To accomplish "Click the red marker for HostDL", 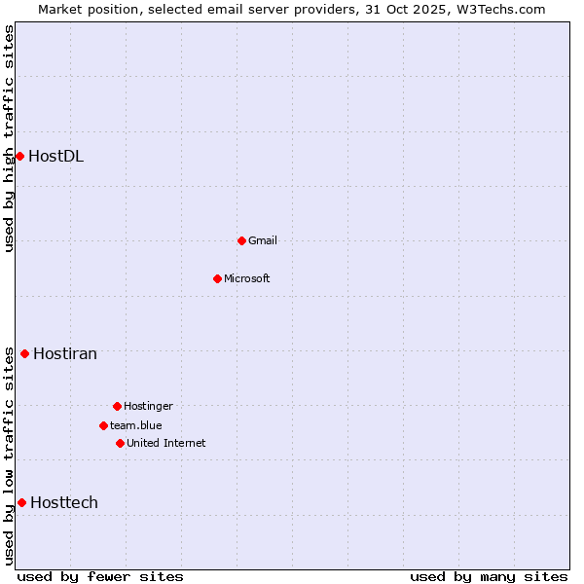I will [x=19, y=156].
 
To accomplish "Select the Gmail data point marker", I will [x=241, y=240].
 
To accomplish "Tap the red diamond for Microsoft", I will [x=217, y=278].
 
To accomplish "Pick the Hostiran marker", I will [x=24, y=353].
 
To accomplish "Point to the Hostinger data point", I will [x=117, y=406].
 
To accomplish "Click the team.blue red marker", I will [x=103, y=425].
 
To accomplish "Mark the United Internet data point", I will [x=120, y=443].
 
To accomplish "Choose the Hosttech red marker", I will [x=21, y=502].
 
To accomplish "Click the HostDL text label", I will [x=55, y=156].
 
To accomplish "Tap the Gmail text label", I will [x=263, y=240].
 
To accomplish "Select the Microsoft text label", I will [x=247, y=278].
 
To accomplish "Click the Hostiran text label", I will [x=65, y=353].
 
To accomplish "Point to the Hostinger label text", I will [x=148, y=406].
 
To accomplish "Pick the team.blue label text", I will [x=136, y=425].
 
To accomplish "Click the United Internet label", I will [x=166, y=443].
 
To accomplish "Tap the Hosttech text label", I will [x=64, y=502].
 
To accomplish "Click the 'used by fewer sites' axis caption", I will [x=100, y=576].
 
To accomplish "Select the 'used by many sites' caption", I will [x=489, y=576].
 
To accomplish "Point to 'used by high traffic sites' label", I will [x=9, y=138].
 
